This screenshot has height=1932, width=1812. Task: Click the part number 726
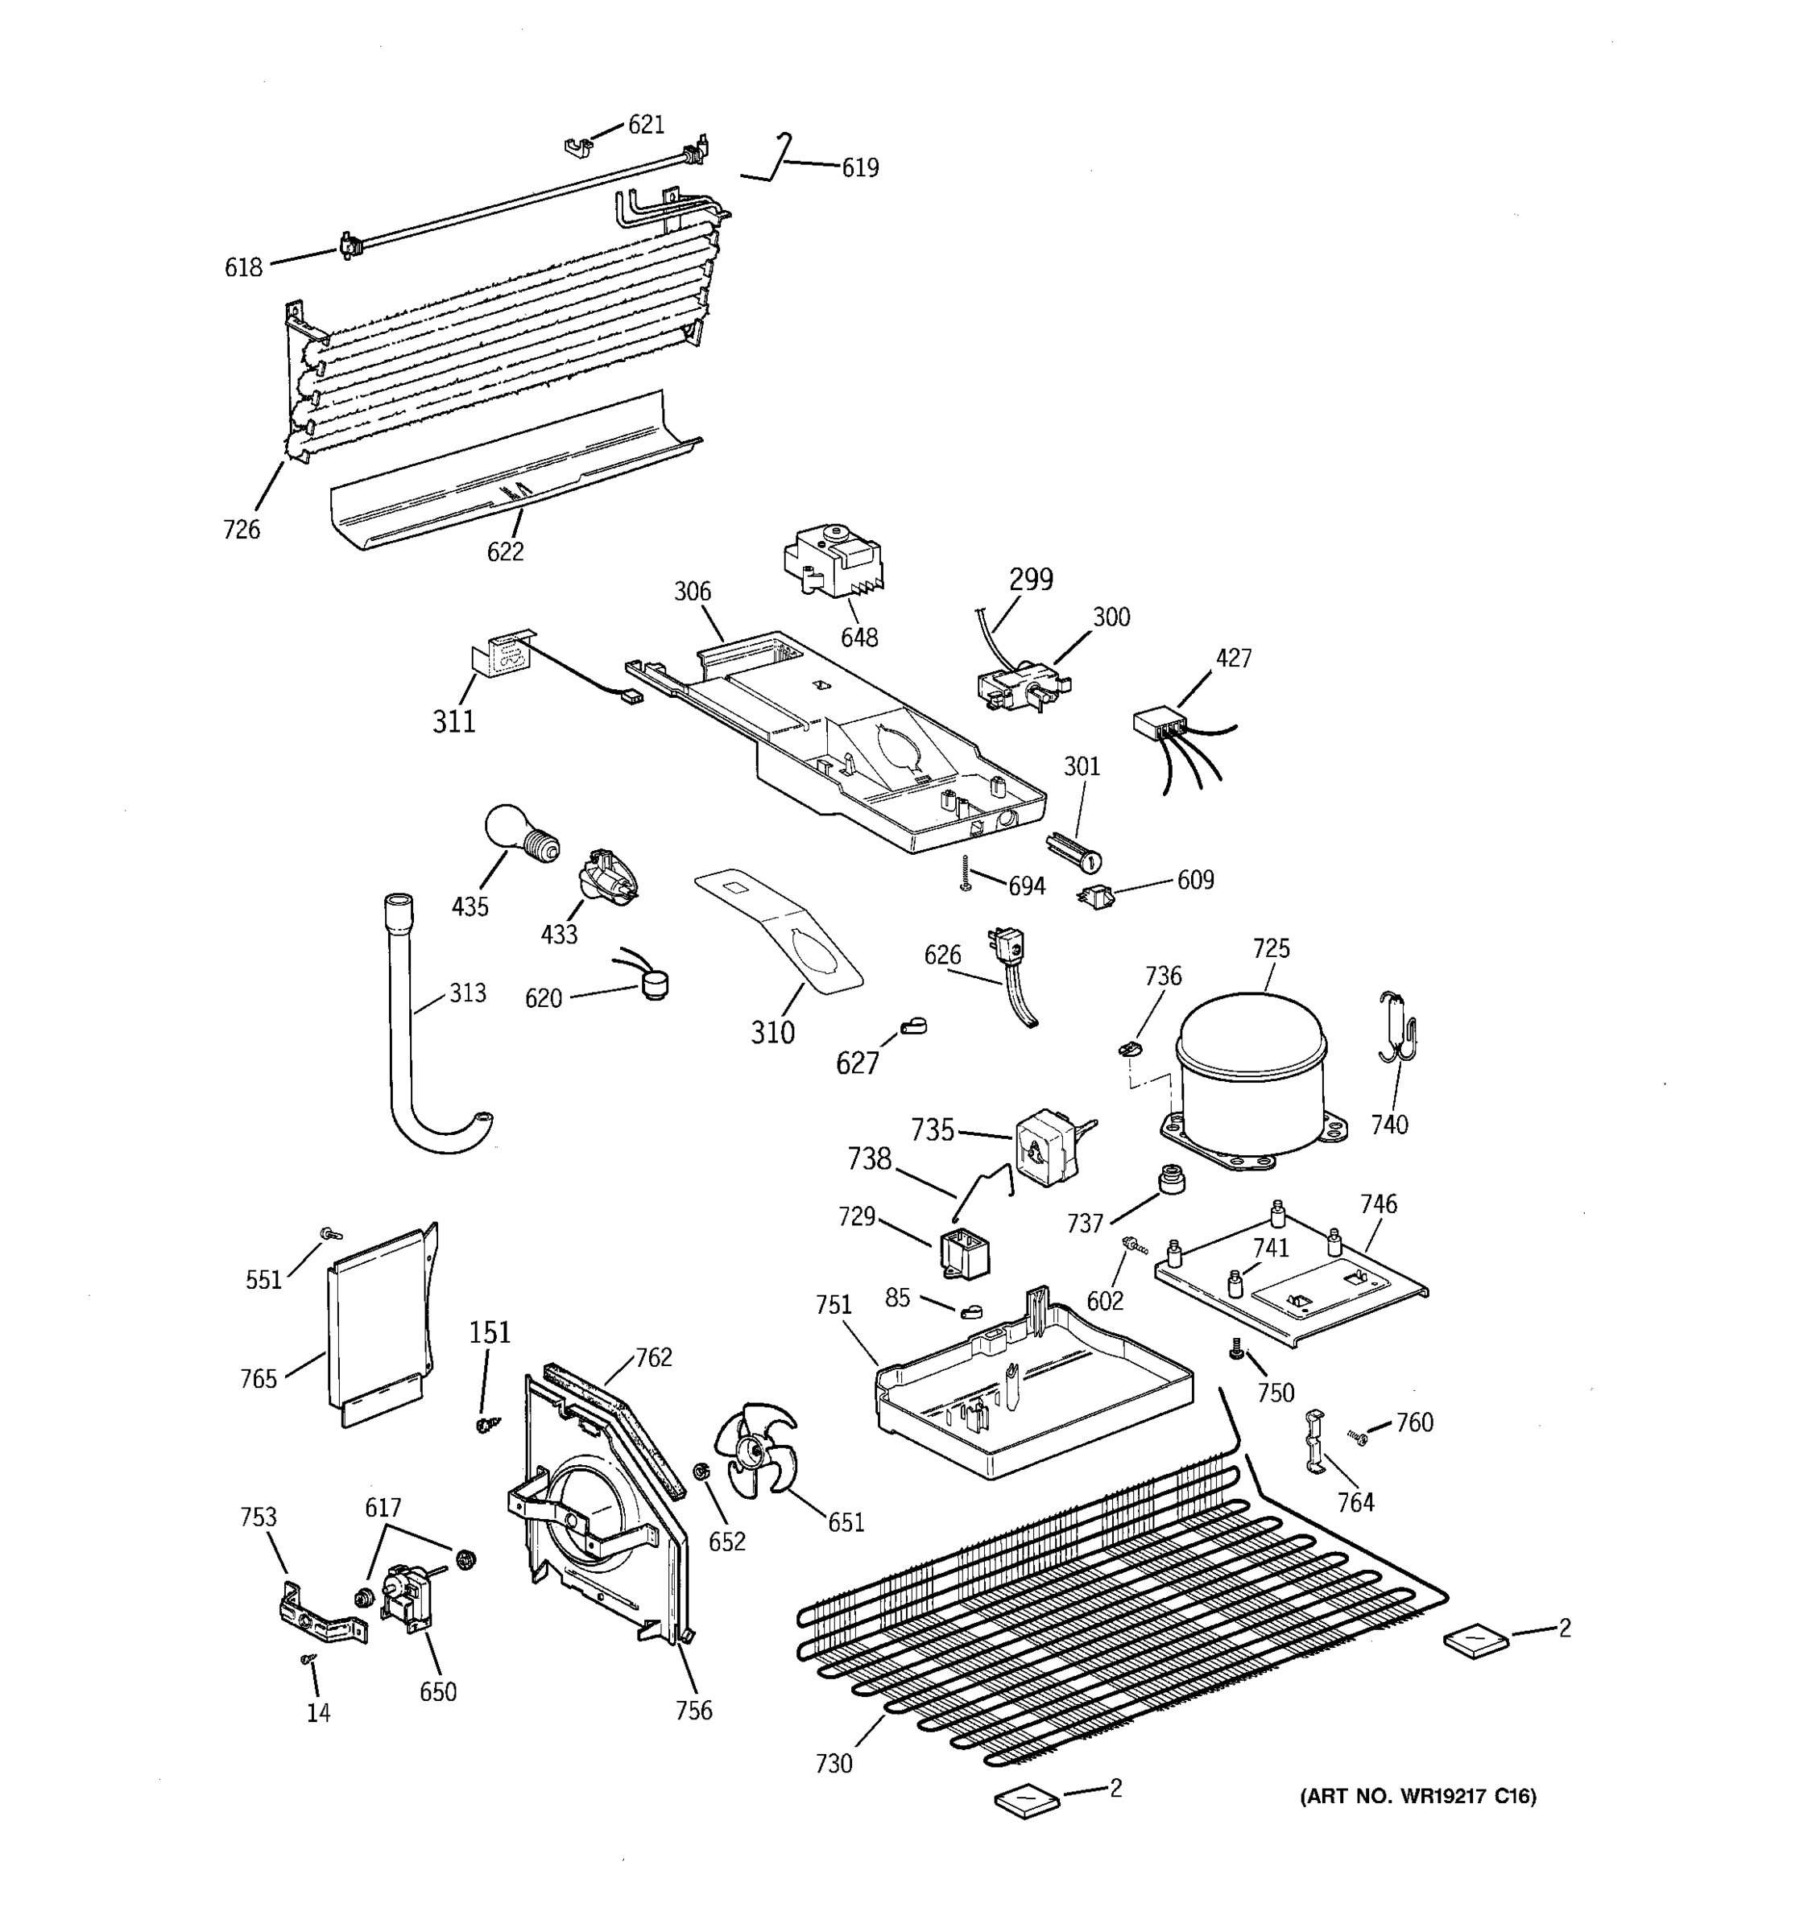[241, 530]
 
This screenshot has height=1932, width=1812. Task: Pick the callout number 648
[859, 638]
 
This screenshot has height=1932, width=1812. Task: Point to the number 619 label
[860, 168]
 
